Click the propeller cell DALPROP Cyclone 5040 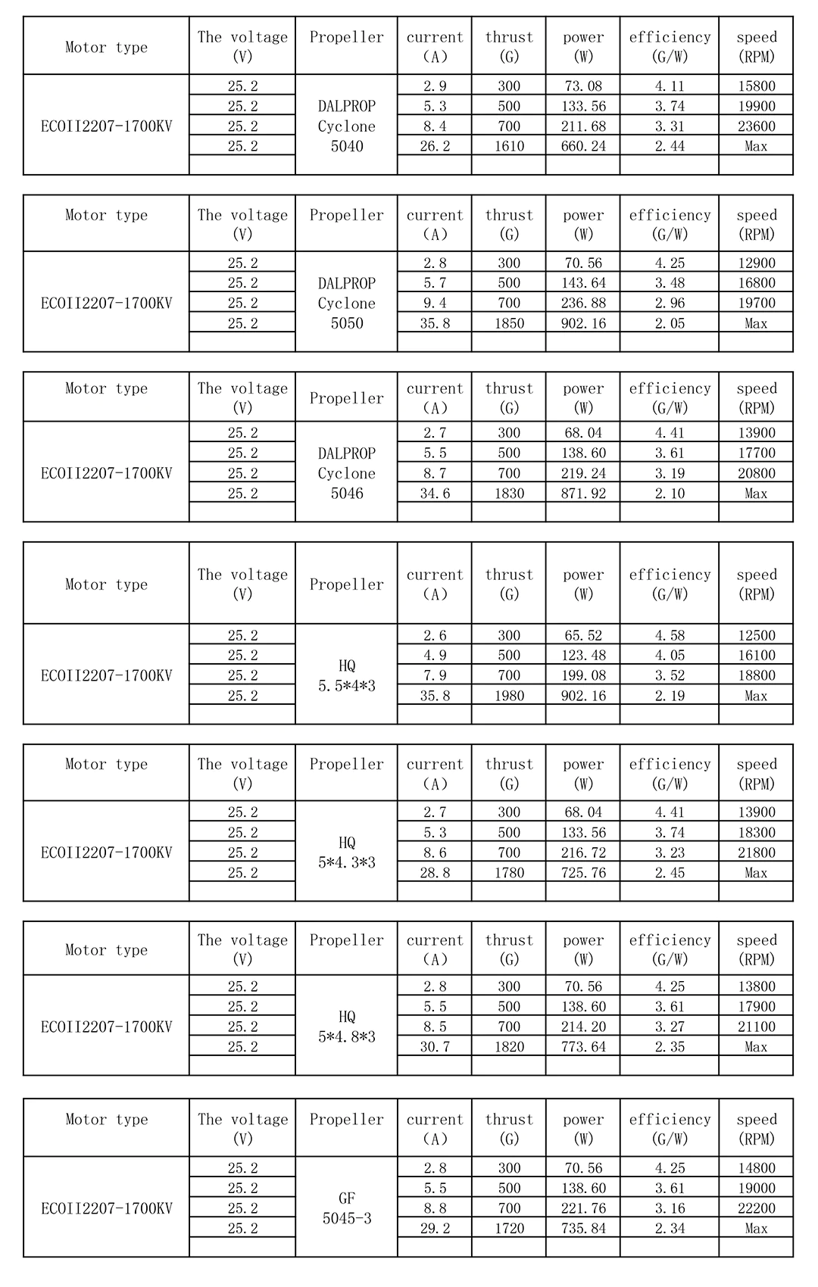point(347,126)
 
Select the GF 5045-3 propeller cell point(347,1208)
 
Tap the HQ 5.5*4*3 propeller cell point(347,675)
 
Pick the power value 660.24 point(583,146)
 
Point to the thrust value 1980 point(509,696)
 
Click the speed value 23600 point(757,126)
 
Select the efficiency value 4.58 point(670,635)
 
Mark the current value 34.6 point(435,494)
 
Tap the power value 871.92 point(583,494)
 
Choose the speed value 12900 point(757,263)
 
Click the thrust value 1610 point(509,146)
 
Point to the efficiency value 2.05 point(670,323)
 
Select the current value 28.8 point(435,873)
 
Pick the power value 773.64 point(583,1047)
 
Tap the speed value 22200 point(757,1208)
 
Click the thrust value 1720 point(509,1229)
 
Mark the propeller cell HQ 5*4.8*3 point(347,1027)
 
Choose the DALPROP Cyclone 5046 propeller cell point(347,473)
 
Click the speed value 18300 point(757,832)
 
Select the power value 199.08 point(583,675)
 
